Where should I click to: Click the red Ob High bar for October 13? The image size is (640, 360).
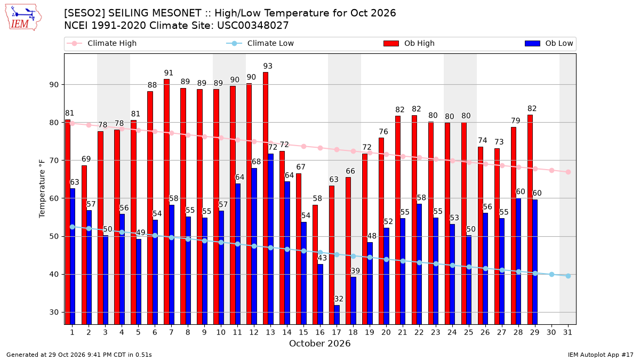(x=266, y=198)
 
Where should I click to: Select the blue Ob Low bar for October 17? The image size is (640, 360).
(x=337, y=315)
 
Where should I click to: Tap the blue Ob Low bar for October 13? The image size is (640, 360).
(x=270, y=239)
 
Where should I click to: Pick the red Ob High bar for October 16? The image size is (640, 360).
(x=315, y=265)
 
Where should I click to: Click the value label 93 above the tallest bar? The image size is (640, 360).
(x=268, y=66)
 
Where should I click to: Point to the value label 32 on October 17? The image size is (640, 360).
(x=339, y=299)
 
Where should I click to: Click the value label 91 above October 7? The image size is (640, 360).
(x=169, y=73)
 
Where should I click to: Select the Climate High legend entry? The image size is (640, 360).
(x=102, y=43)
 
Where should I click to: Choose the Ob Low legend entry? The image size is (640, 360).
(x=549, y=43)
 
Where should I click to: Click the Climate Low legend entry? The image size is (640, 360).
(x=260, y=43)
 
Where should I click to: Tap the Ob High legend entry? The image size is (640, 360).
(x=409, y=43)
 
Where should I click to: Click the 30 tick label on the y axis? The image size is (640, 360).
(x=54, y=313)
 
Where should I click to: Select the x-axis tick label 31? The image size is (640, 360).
(x=567, y=332)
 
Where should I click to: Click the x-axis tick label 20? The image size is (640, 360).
(x=386, y=332)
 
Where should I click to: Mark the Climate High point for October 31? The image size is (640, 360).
(x=569, y=172)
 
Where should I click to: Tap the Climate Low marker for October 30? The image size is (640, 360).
(x=551, y=274)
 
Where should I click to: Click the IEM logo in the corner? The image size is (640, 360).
(x=23, y=18)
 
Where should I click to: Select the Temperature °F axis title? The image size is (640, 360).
(x=42, y=189)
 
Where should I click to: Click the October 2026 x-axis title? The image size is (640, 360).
(x=319, y=343)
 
